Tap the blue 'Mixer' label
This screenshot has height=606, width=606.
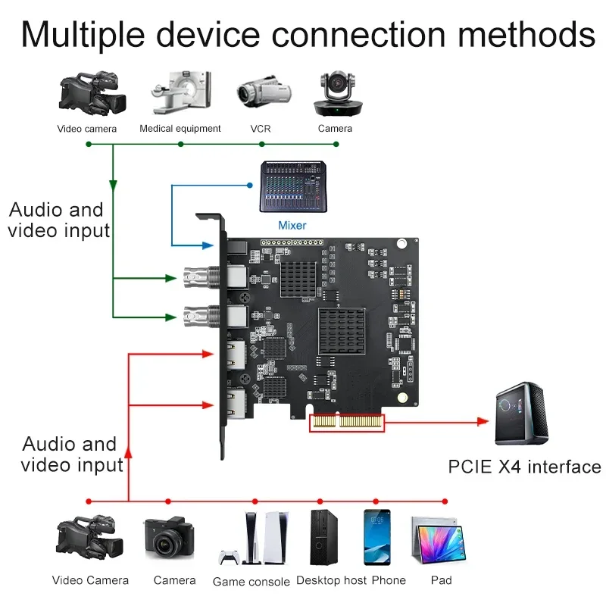coord(292,225)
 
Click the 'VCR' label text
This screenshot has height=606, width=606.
coord(260,129)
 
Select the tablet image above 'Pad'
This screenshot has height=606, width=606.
coord(437,541)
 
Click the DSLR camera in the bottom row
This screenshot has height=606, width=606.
coord(170,539)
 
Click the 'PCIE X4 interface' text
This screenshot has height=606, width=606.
coord(524,467)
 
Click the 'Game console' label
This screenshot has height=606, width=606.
coord(251,582)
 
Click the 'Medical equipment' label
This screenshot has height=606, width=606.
coord(180,129)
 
